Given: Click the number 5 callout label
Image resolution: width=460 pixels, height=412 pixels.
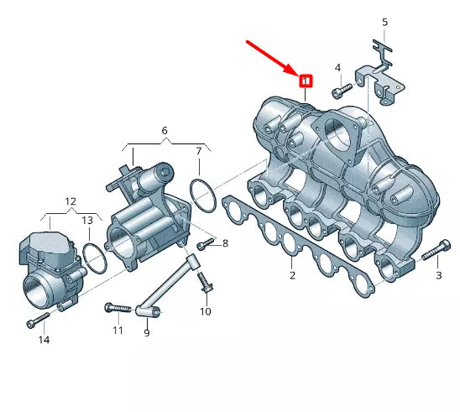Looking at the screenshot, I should [x=384, y=22].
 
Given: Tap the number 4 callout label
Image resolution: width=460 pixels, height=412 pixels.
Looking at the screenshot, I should [x=337, y=67].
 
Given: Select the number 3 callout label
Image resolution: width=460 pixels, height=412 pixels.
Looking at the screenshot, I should [x=438, y=275].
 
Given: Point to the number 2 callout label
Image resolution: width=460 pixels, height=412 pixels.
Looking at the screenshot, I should [x=292, y=275].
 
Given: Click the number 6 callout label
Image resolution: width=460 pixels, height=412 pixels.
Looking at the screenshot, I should [x=165, y=131].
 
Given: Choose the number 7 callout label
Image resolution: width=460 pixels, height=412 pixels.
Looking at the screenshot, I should [x=199, y=151].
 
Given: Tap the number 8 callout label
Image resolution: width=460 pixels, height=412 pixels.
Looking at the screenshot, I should [x=224, y=243].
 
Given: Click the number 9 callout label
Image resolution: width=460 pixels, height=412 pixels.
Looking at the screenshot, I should [x=146, y=332].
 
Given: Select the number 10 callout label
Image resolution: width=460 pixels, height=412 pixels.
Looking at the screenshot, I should [x=206, y=312].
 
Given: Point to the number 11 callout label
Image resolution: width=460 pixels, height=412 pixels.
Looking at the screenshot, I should [x=118, y=330].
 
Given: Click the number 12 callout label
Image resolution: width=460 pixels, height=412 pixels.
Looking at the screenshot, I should [x=71, y=202].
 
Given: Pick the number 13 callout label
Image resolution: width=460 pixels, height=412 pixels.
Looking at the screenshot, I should [x=87, y=220].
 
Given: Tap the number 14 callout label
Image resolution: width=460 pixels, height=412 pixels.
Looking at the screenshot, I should [x=44, y=340].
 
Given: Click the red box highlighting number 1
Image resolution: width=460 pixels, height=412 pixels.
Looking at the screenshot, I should [x=306, y=81].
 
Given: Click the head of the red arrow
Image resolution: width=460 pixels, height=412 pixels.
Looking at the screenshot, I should [x=292, y=72].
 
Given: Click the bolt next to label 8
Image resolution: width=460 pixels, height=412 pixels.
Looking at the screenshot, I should [x=205, y=244].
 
